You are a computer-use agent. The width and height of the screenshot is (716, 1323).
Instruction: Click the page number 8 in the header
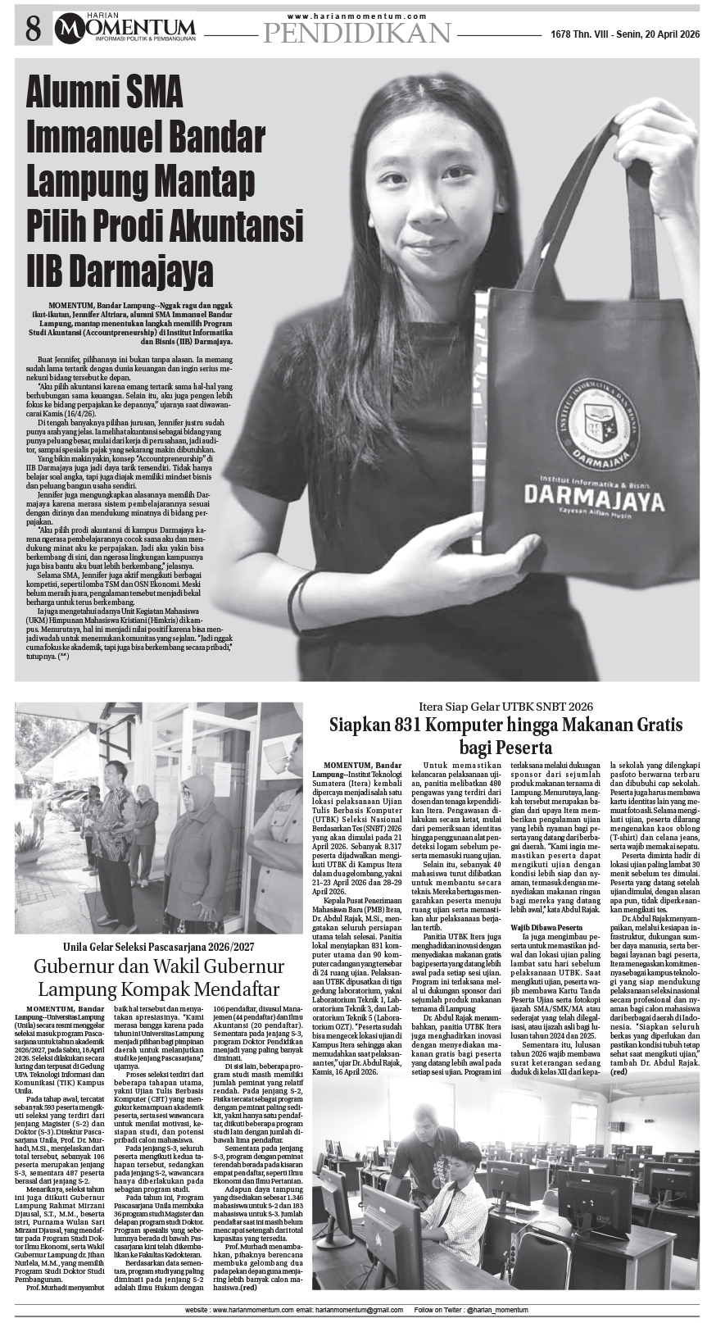click(32, 30)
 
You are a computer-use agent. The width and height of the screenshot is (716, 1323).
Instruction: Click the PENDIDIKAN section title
click(357, 33)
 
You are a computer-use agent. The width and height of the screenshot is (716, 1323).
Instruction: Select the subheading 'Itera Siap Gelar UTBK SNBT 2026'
click(505, 706)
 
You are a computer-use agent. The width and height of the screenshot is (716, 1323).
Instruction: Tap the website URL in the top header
click(357, 16)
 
